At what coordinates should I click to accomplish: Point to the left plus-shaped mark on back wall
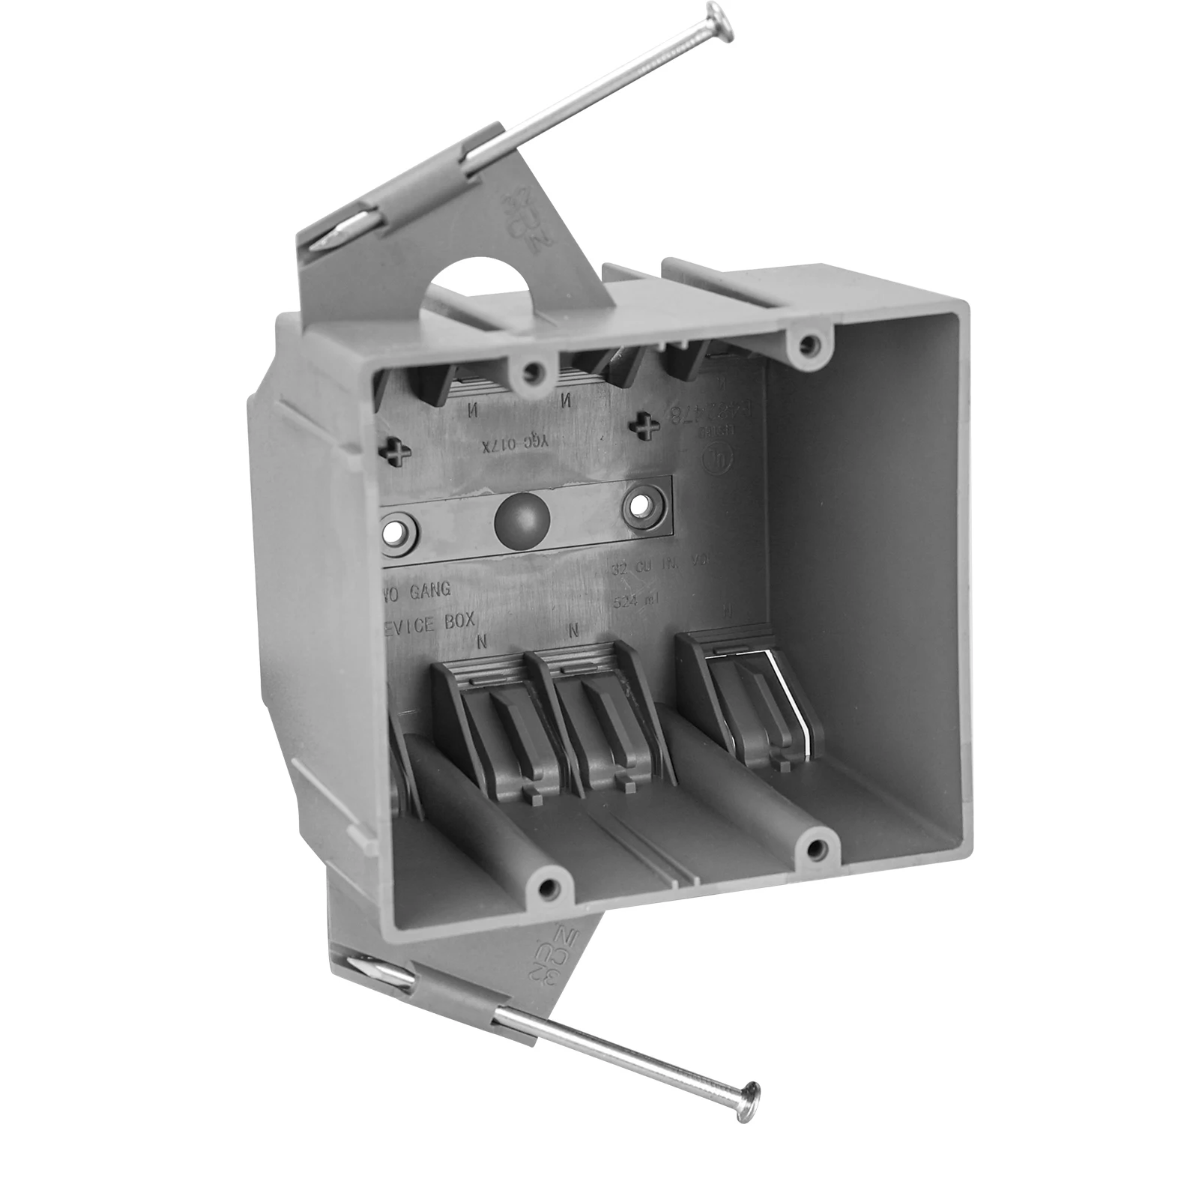(x=395, y=450)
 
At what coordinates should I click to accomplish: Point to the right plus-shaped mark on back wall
(x=644, y=429)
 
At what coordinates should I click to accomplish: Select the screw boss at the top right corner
(x=807, y=345)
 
